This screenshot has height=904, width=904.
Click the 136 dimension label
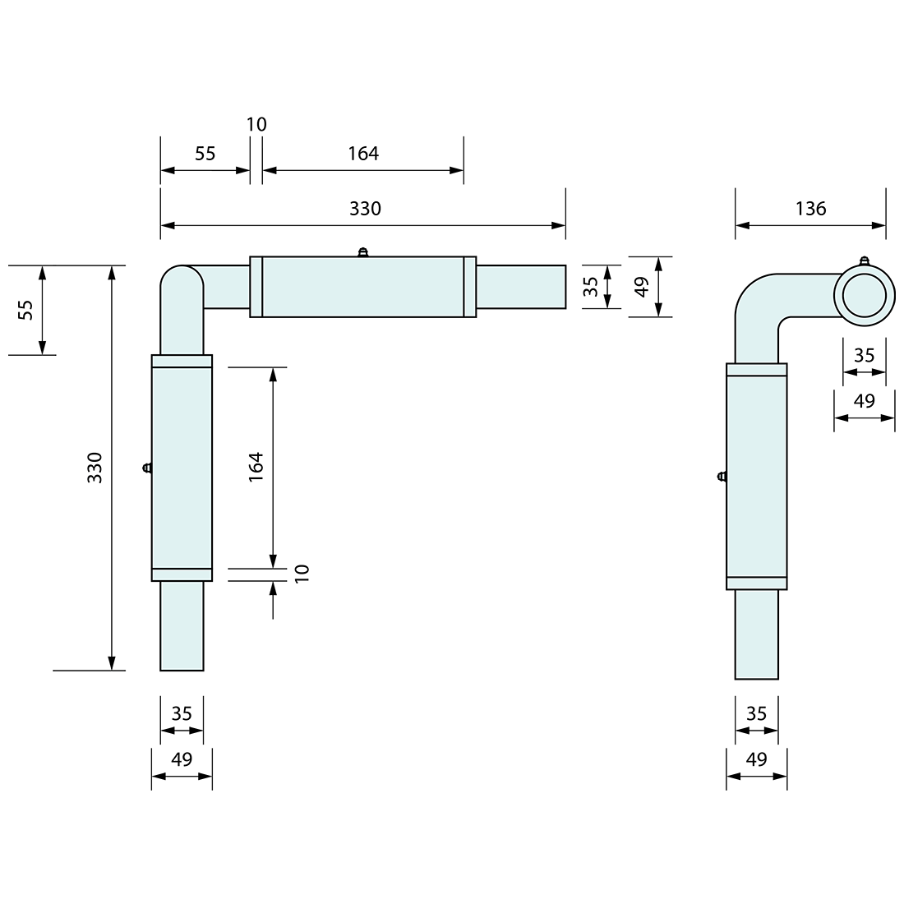tap(810, 209)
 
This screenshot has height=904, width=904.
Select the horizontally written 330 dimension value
tap(365, 209)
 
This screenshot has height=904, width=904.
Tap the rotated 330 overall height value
tap(95, 467)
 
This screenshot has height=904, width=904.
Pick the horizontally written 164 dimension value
tap(362, 154)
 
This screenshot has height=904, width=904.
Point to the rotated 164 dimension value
tap(256, 466)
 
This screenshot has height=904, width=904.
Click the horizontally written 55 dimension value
tap(205, 154)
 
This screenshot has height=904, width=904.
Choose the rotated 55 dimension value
tap(25, 310)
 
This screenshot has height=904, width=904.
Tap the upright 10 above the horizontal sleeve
tap(256, 125)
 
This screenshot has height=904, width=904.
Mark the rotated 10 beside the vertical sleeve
tap(302, 574)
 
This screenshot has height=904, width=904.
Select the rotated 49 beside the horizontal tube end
tap(643, 286)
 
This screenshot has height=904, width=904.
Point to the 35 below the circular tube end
tap(864, 355)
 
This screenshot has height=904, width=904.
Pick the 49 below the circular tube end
tap(864, 401)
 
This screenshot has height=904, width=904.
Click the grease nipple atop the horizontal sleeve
tap(362, 252)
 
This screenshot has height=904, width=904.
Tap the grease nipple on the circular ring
tap(864, 261)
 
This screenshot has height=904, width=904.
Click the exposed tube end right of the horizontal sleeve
tap(521, 286)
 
